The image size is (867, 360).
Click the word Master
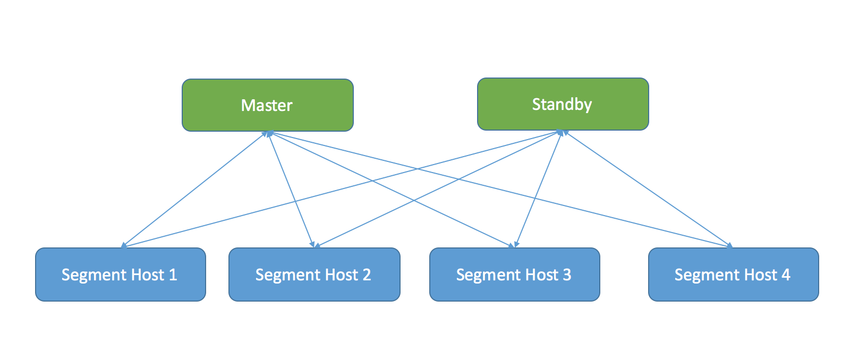pos(267,105)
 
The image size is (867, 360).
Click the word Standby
pos(562,104)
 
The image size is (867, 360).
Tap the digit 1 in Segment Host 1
pos(173,275)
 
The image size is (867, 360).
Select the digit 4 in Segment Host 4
pos(785,275)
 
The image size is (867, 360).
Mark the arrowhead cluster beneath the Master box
pos(269,134)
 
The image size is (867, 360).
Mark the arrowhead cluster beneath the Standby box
pos(562,133)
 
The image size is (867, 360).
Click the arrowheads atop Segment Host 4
pos(729,245)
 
